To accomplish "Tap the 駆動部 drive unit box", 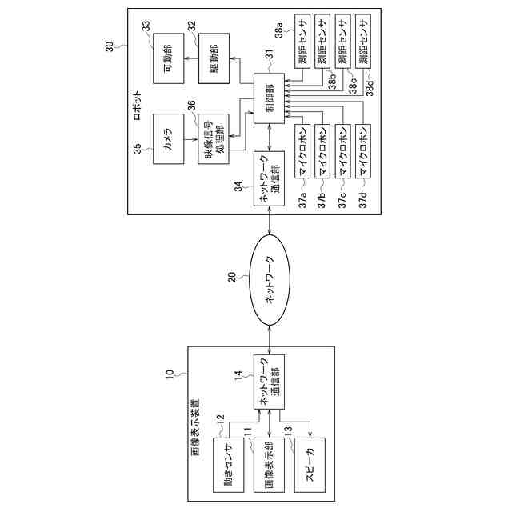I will [x=214, y=57].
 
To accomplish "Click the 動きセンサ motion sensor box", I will [x=227, y=466].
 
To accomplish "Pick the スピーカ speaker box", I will [x=310, y=466].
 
